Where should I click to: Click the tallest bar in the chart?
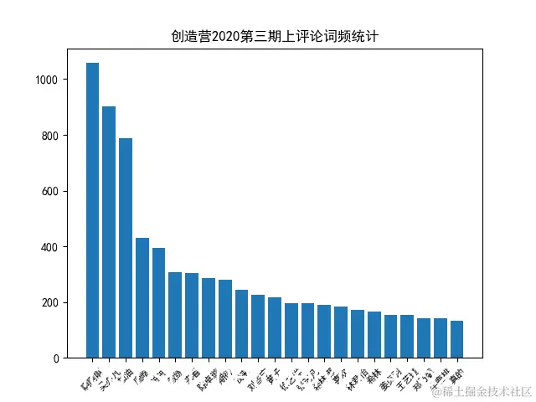click(x=92, y=210)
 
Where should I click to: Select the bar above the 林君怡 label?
click(x=358, y=334)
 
